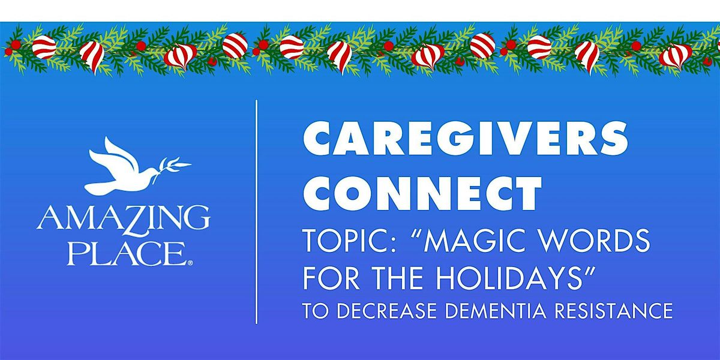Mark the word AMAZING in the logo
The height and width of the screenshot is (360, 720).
123,218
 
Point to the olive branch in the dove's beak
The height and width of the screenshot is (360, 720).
174,167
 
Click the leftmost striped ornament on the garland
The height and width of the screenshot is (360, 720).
44,46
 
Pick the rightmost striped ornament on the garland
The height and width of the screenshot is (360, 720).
675,55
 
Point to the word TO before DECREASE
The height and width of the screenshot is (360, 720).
312,311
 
